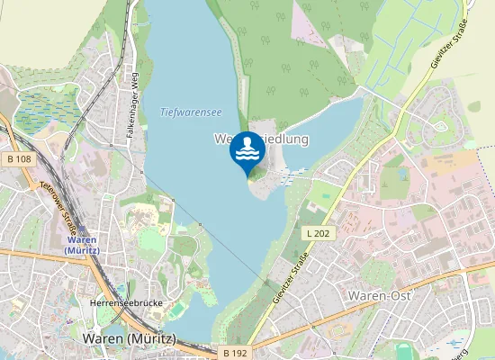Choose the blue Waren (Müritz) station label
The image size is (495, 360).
pos(83,244)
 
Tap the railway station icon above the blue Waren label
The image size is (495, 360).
pos(84,229)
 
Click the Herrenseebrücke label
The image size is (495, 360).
pos(126,303)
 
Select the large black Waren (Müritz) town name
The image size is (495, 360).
pos(129,338)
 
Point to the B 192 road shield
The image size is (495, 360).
pos(233,353)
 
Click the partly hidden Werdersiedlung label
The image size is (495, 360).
pos(261,139)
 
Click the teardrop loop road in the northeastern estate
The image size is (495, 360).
pos(440,123)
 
